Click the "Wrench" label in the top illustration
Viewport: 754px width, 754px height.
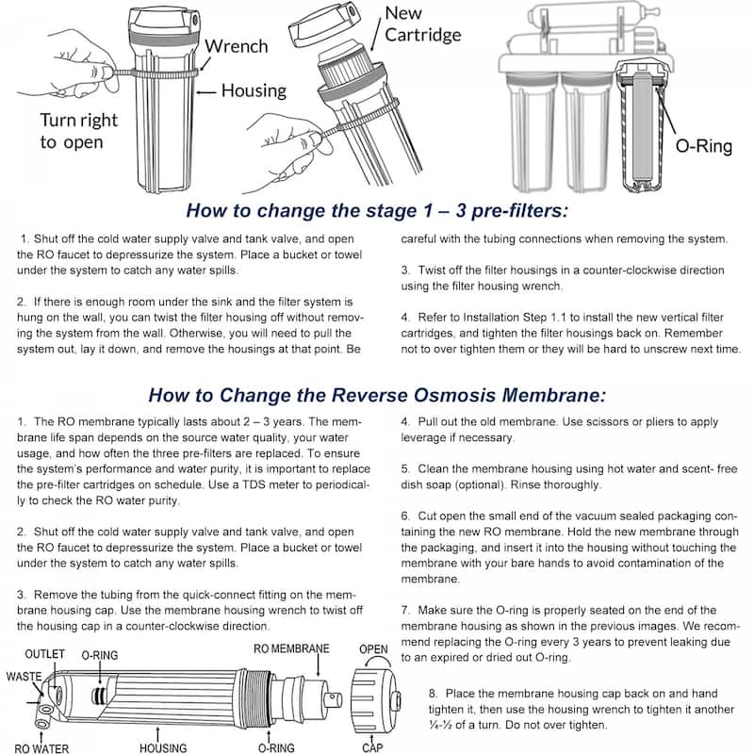tap(237, 46)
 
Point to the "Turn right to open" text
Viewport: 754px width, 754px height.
tap(78, 131)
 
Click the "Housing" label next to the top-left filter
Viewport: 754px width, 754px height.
tap(254, 90)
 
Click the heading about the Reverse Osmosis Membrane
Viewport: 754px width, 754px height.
tap(377, 394)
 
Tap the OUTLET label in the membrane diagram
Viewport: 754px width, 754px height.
tap(44, 654)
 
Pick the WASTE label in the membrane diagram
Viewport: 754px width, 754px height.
tap(23, 677)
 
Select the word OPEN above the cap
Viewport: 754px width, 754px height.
tap(374, 649)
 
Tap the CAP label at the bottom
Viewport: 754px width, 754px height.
tap(372, 747)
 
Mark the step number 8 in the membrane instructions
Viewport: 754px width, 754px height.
tap(433, 692)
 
